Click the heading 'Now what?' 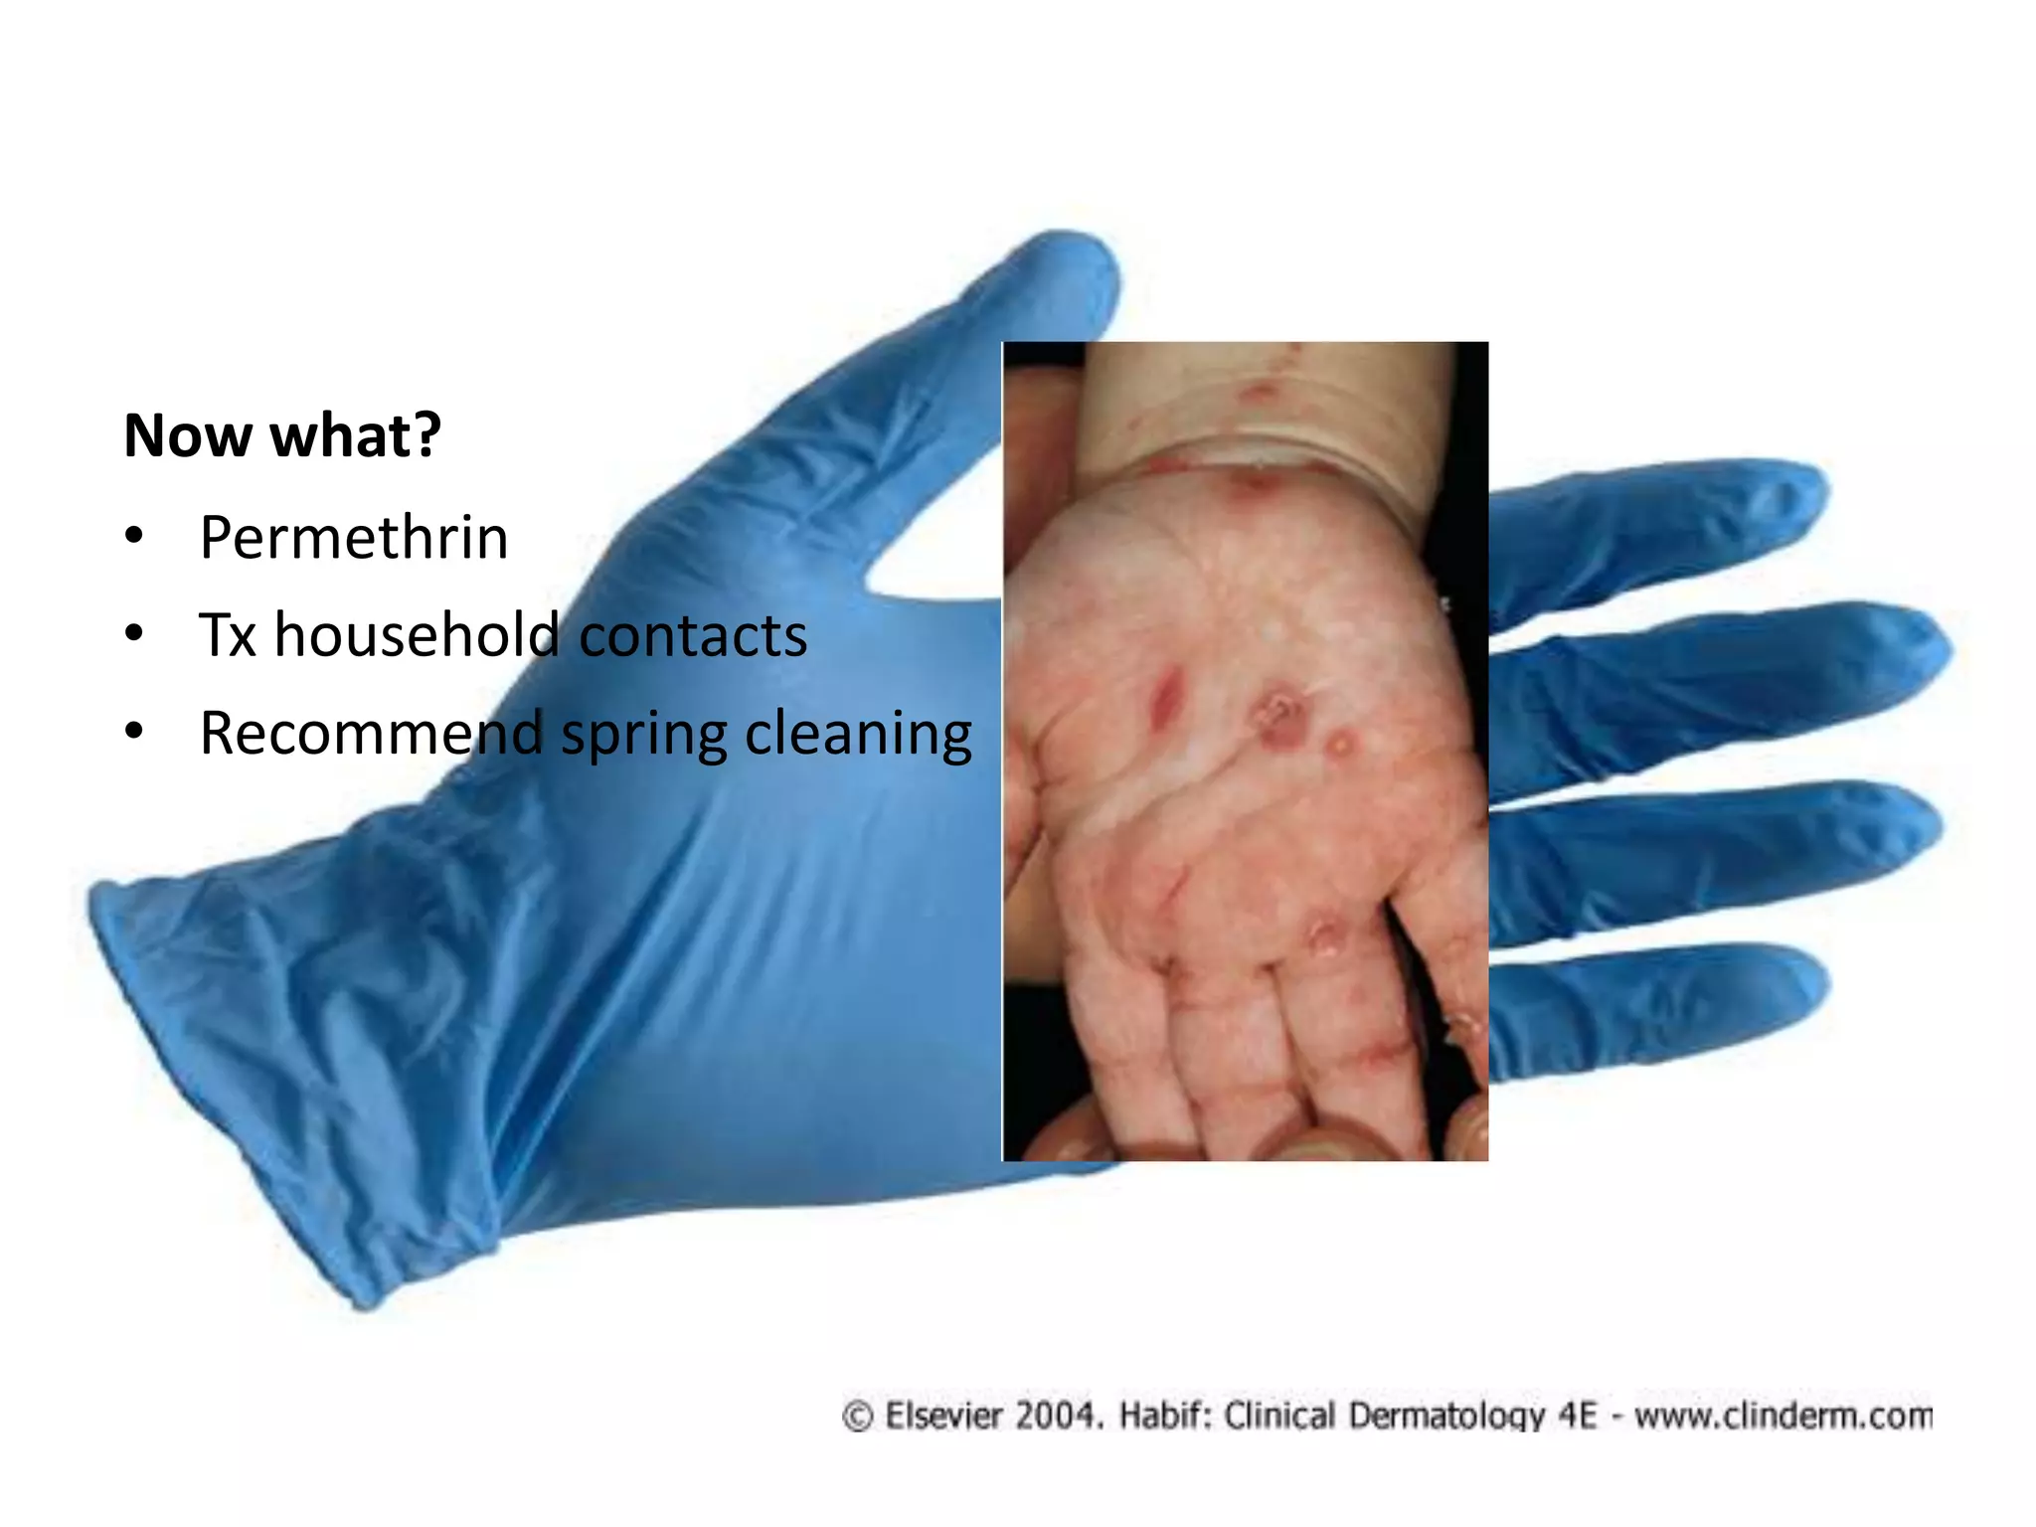point(282,435)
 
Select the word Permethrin point(354,538)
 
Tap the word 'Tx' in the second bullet point(228,635)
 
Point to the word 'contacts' point(693,635)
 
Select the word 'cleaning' point(858,735)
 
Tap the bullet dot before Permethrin point(134,537)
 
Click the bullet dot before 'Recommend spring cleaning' point(134,732)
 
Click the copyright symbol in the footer point(857,1416)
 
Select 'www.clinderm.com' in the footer point(1783,1416)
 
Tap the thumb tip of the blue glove point(1069,263)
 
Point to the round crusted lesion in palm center point(1279,719)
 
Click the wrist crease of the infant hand point(1253,452)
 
